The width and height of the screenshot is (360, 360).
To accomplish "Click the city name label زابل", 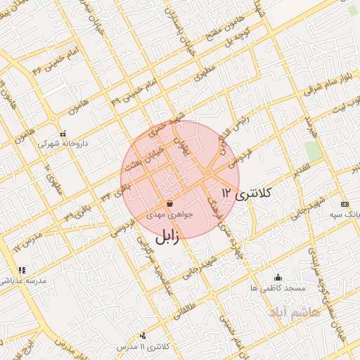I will pos(166,238).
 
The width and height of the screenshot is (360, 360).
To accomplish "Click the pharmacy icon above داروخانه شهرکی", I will pos(63,134).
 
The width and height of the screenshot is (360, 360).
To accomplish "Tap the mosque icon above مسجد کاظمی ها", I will pos(278,277).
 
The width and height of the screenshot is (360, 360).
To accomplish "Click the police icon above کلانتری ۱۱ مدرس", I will pos(143,336).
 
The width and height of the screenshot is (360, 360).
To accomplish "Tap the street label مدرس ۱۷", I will pos(28,240).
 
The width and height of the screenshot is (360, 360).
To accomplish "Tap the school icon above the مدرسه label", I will pos(22,270).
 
